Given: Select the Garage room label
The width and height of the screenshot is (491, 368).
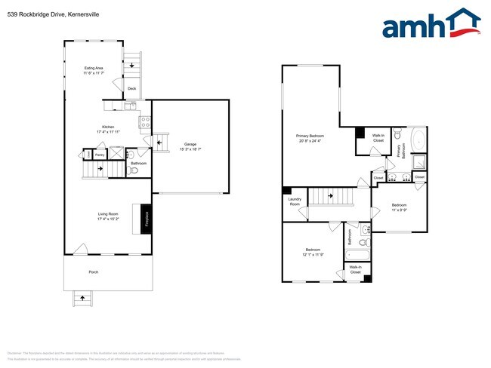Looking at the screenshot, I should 190,146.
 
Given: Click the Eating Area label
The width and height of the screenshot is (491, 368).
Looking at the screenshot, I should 94,70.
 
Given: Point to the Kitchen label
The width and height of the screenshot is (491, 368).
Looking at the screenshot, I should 109,129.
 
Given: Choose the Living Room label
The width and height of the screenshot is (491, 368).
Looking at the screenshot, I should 107,216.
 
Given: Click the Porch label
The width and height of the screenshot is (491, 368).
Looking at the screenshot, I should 94,271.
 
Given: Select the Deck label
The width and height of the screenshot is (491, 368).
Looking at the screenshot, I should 131,89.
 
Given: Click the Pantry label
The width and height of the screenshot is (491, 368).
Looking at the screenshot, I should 99,154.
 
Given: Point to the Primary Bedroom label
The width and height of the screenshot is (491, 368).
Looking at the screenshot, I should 310,138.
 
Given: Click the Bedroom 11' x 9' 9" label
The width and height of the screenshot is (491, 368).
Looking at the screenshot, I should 399,207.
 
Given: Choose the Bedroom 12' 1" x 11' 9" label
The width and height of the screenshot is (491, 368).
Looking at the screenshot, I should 313,252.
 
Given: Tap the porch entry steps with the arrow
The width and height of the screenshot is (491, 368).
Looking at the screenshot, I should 79,298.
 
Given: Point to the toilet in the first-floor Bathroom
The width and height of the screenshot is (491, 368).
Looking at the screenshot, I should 134,170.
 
